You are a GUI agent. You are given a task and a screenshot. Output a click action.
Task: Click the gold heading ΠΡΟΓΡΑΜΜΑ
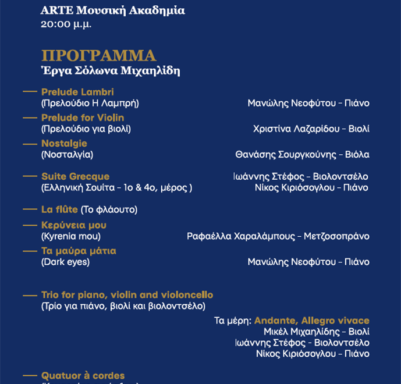tap(98, 56)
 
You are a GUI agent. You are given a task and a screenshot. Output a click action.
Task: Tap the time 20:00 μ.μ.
tap(66, 24)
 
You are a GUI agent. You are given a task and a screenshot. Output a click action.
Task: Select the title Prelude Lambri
tap(77, 92)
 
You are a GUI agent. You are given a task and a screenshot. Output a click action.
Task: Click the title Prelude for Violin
tap(83, 118)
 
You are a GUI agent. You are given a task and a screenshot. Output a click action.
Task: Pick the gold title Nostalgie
tap(64, 143)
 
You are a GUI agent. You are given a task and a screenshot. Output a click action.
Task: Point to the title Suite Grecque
tap(75, 176)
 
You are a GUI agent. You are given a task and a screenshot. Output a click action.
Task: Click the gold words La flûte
tap(59, 209)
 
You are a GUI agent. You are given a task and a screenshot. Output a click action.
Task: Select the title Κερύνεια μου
tap(74, 225)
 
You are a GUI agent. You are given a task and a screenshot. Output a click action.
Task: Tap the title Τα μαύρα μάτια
tap(79, 251)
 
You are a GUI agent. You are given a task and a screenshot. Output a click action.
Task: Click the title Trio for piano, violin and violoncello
tap(127, 295)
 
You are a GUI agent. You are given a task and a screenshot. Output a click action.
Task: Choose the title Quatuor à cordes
tap(83, 376)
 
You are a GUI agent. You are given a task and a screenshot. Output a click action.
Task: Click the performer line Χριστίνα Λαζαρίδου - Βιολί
tap(311, 129)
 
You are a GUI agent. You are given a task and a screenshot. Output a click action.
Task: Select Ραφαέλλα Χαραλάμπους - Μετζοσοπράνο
tap(278, 236)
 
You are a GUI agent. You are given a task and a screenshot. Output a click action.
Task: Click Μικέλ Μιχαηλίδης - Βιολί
tap(316, 331)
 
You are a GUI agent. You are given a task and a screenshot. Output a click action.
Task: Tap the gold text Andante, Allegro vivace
tap(311, 321)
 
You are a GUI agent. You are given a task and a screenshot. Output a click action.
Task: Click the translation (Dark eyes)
tap(65, 262)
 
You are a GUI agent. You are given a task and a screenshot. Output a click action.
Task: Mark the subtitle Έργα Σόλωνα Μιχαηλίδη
tap(111, 71)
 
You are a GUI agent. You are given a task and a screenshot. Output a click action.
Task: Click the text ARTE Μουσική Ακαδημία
tap(113, 10)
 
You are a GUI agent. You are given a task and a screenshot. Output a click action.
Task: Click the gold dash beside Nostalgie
tap(30, 143)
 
